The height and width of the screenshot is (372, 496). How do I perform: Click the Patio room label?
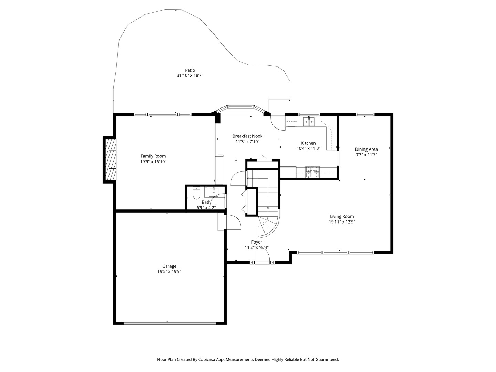tap(190, 70)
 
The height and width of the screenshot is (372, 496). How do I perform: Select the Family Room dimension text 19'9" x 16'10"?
tap(153, 162)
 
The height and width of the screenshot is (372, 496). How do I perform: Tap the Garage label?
tap(169, 266)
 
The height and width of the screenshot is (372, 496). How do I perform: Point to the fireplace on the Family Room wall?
tap(110, 159)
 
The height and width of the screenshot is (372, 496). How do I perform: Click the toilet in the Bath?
tap(196, 194)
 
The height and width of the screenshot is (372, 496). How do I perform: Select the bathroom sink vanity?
tap(214, 191)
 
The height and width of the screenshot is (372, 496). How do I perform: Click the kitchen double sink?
tap(309, 122)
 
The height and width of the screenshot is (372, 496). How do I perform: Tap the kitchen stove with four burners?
tap(313, 172)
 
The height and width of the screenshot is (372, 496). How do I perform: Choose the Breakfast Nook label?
tap(247, 136)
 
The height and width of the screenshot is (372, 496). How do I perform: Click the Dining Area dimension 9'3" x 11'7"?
tap(366, 155)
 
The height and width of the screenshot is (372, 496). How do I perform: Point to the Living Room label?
tap(342, 216)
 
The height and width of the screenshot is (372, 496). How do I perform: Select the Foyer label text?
tap(256, 242)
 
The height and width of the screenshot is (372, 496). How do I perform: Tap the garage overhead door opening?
tap(170, 323)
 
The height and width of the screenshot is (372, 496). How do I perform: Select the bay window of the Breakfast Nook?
tap(241, 107)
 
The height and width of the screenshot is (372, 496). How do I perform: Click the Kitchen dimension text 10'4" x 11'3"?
tap(308, 148)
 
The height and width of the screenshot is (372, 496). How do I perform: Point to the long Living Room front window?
tap(335, 252)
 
